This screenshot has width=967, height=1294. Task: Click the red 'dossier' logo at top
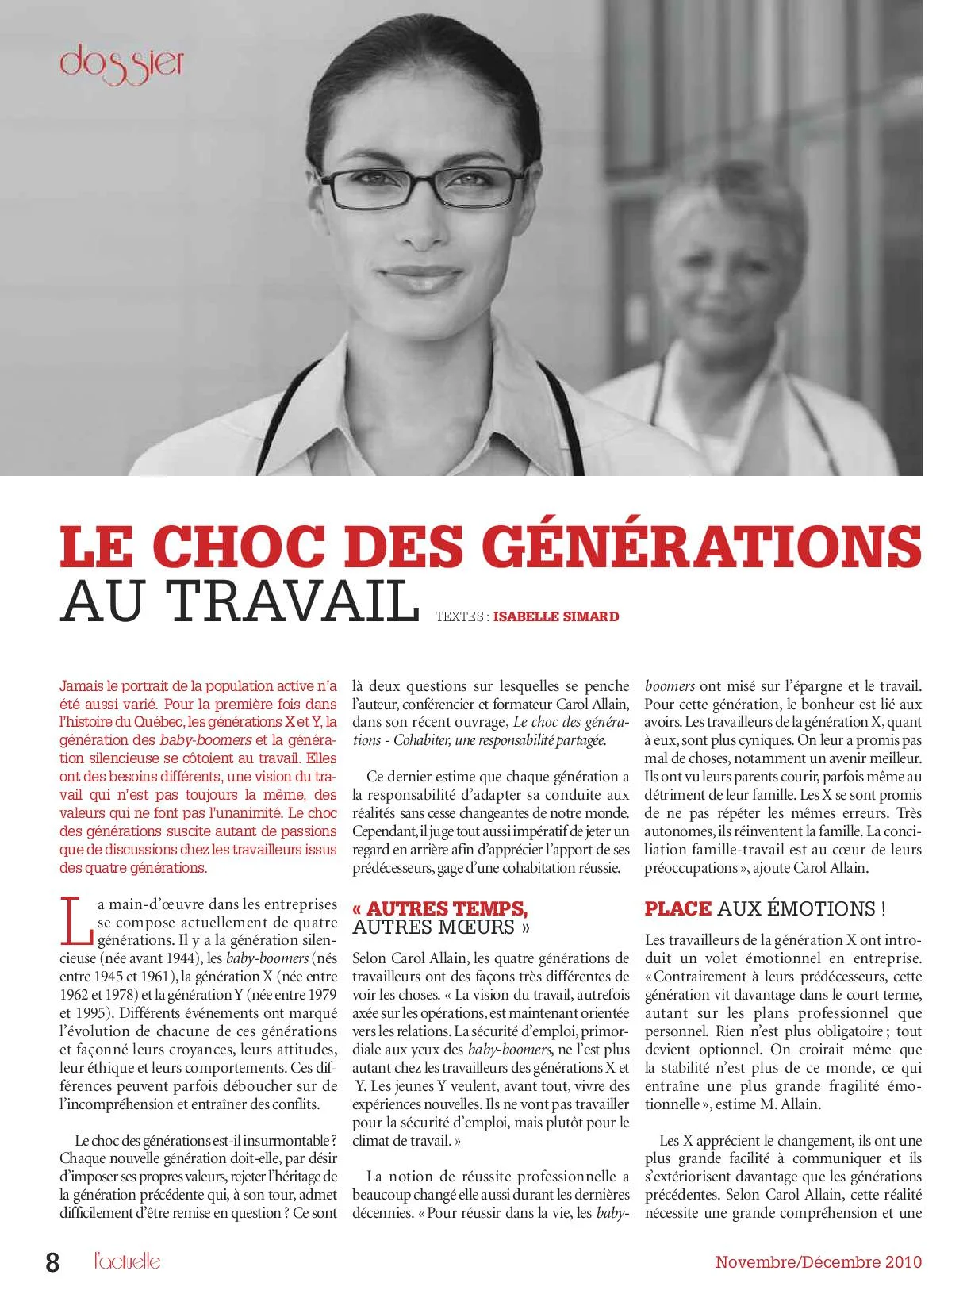(121, 63)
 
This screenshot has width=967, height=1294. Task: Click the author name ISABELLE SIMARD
(555, 616)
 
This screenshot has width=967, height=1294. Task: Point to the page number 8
(52, 1262)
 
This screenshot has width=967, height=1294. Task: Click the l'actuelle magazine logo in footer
(127, 1261)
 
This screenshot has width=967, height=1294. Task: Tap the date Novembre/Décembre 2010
(818, 1261)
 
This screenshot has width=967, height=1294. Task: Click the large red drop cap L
(76, 921)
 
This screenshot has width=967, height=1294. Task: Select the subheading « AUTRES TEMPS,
(440, 909)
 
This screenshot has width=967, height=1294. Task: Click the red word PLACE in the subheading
(678, 909)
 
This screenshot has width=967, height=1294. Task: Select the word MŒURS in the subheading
(479, 927)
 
